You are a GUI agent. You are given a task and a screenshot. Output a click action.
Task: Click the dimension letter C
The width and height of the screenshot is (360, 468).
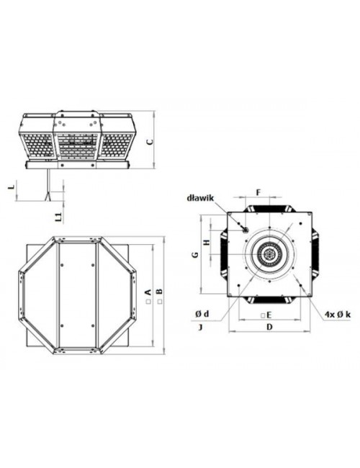coord(150,141)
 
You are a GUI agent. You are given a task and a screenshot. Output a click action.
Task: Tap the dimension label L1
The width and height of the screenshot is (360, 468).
coord(59,217)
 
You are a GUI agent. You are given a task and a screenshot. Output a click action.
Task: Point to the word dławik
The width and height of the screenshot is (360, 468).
coord(200,197)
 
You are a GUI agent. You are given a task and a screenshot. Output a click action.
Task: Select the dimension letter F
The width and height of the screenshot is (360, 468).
coord(258,192)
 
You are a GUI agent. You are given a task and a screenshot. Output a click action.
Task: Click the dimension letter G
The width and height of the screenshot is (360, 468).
coord(195,255)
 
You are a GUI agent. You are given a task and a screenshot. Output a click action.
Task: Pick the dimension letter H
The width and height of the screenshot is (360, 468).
coord(206,243)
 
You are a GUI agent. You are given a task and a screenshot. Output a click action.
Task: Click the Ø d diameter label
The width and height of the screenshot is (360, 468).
coord(202,314)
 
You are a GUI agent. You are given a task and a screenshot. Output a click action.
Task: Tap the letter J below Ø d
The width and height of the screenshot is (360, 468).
coord(201,328)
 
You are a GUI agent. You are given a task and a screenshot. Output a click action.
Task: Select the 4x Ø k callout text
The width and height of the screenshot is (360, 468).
coord(338,314)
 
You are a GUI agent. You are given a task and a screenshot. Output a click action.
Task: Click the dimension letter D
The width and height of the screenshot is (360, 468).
coord(269,327)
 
